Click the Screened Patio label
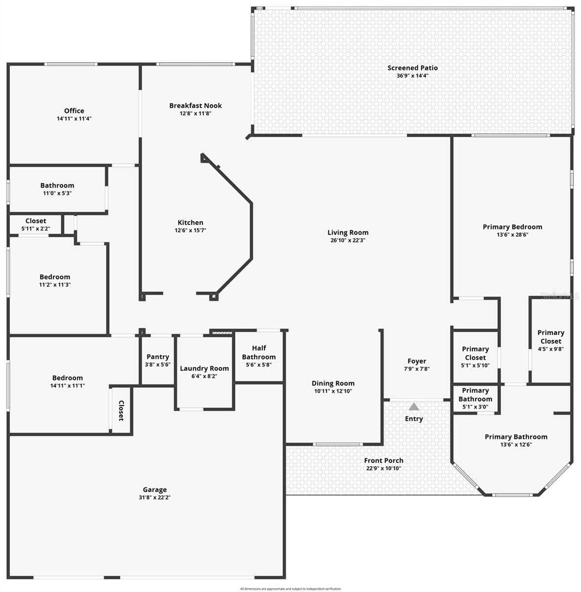(x=412, y=68)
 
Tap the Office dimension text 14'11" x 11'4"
(x=74, y=119)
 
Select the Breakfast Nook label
(x=195, y=106)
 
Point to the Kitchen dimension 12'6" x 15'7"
(x=190, y=230)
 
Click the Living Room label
(x=348, y=232)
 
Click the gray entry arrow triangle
(x=414, y=407)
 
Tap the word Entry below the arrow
(x=414, y=419)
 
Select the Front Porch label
(x=383, y=460)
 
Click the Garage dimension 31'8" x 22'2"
(x=154, y=498)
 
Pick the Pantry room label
(x=158, y=357)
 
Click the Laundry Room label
(x=204, y=368)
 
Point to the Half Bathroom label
(x=258, y=353)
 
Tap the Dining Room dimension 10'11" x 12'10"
(x=333, y=391)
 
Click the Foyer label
(x=416, y=361)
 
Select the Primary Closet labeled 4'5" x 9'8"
(x=550, y=337)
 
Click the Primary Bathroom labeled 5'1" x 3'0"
(x=475, y=395)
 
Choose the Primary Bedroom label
(x=512, y=227)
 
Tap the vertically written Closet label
(x=121, y=410)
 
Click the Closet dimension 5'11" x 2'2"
(x=36, y=229)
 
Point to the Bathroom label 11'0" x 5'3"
(x=57, y=185)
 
